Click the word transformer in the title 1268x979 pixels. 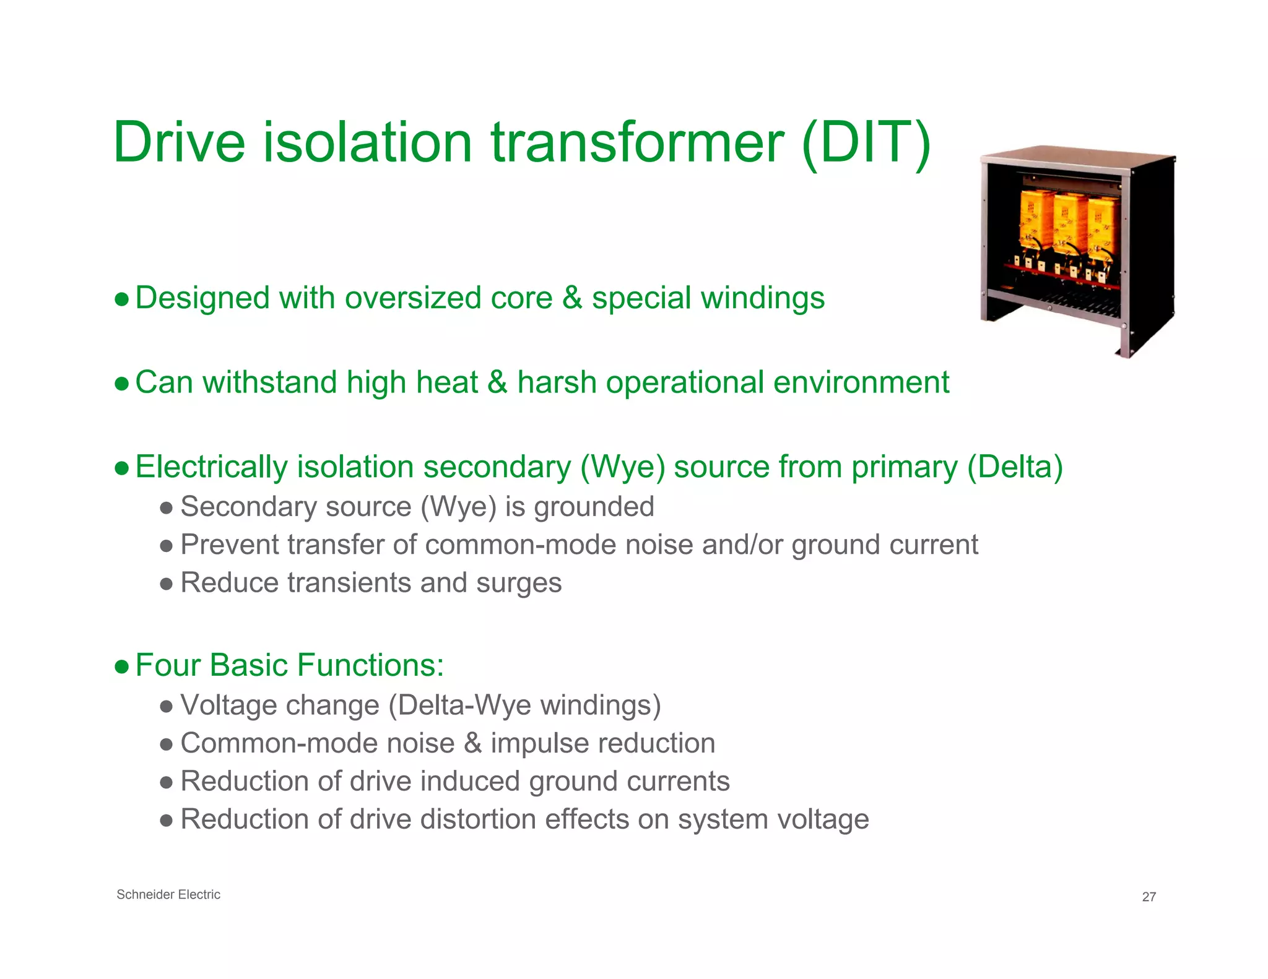coord(638,144)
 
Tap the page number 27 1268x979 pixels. coord(1149,897)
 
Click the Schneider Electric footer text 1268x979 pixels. coord(168,894)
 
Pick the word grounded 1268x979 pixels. coord(594,507)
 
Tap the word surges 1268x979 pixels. coord(518,583)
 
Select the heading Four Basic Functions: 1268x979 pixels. coord(289,665)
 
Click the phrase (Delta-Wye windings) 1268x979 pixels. coord(524,705)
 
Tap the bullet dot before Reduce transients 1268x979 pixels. coord(166,584)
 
